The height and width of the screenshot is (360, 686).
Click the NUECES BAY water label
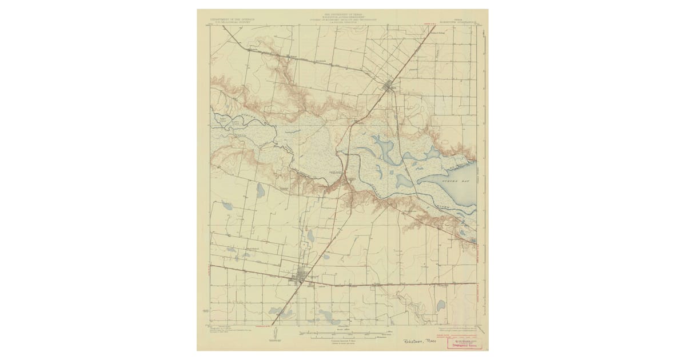(x=452, y=179)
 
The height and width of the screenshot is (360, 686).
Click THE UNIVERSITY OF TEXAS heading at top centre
(x=343, y=14)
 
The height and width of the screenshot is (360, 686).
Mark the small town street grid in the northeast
(x=389, y=87)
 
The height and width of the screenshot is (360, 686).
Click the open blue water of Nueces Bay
(x=457, y=189)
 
